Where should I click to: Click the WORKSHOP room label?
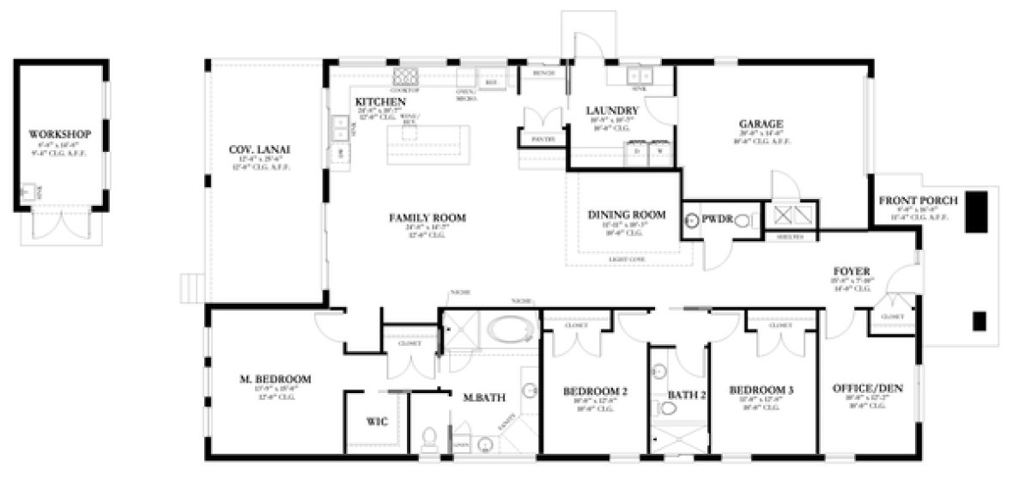coord(59,135)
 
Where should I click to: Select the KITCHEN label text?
coord(380,102)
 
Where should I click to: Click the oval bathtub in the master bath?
coord(509,331)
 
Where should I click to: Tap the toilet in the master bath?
coord(430,439)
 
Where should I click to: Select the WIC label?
coord(376,422)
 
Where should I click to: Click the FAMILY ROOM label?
coord(427,218)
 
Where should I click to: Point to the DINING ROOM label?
coord(626,215)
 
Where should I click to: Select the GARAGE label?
coord(761,124)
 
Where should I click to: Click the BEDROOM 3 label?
coord(761,390)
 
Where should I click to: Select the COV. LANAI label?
coord(259,150)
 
